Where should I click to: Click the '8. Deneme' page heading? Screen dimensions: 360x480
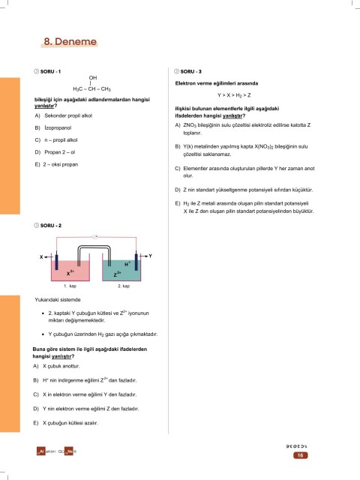pyautogui.click(x=70, y=42)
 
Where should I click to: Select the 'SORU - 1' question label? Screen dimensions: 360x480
pyautogui.click(x=50, y=71)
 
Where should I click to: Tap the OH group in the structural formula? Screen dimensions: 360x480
pyautogui.click(x=93, y=78)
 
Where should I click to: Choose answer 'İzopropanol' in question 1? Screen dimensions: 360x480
pyautogui.click(x=58, y=127)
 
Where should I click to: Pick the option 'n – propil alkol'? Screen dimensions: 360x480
pyautogui.click(x=61, y=140)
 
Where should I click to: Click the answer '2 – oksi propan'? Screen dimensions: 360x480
pyautogui.click(x=61, y=164)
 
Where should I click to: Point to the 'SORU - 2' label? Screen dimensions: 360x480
pyautogui.click(x=51, y=225)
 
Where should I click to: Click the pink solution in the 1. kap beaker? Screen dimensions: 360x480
pyautogui.click(x=70, y=271)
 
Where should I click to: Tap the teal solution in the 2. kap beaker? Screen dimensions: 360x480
pyautogui.click(x=121, y=271)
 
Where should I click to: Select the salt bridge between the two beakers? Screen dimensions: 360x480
pyautogui.click(x=94, y=247)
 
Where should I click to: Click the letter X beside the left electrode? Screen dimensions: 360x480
pyautogui.click(x=41, y=256)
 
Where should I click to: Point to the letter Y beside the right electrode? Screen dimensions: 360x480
pyautogui.click(x=150, y=256)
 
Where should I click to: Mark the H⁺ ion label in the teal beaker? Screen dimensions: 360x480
pyautogui.click(x=127, y=264)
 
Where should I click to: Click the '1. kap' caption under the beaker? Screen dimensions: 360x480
pyautogui.click(x=70, y=286)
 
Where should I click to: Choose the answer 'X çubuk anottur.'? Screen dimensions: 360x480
pyautogui.click(x=61, y=366)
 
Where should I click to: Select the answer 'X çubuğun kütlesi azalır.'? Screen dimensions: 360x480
pyautogui.click(x=70, y=423)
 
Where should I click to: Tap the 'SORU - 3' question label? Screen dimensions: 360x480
pyautogui.click(x=191, y=71)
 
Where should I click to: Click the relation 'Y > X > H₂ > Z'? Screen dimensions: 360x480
pyautogui.click(x=234, y=95)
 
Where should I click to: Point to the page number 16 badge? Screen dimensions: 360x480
pyautogui.click(x=300, y=455)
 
